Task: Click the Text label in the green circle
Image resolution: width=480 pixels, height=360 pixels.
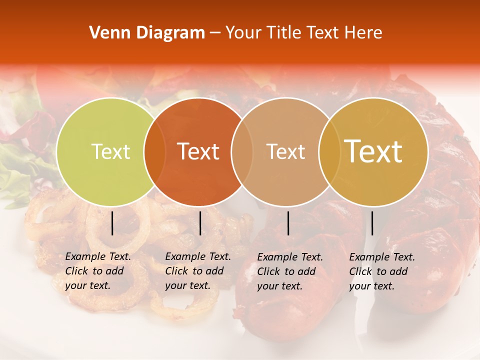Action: (x=110, y=151)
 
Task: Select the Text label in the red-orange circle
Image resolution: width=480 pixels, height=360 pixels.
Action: (x=198, y=151)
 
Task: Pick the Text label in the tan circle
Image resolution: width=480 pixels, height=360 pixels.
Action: (x=285, y=151)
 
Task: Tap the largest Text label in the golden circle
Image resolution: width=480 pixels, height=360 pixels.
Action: (x=373, y=151)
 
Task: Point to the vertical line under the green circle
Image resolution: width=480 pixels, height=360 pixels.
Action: (x=112, y=223)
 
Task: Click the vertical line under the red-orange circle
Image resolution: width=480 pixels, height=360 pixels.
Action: (x=200, y=223)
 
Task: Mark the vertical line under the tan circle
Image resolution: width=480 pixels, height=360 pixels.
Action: (x=288, y=223)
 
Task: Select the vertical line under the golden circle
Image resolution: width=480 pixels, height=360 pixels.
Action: (x=372, y=223)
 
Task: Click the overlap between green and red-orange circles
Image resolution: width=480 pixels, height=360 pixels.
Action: (x=154, y=152)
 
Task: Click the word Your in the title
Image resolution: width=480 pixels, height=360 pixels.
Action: (x=242, y=33)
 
